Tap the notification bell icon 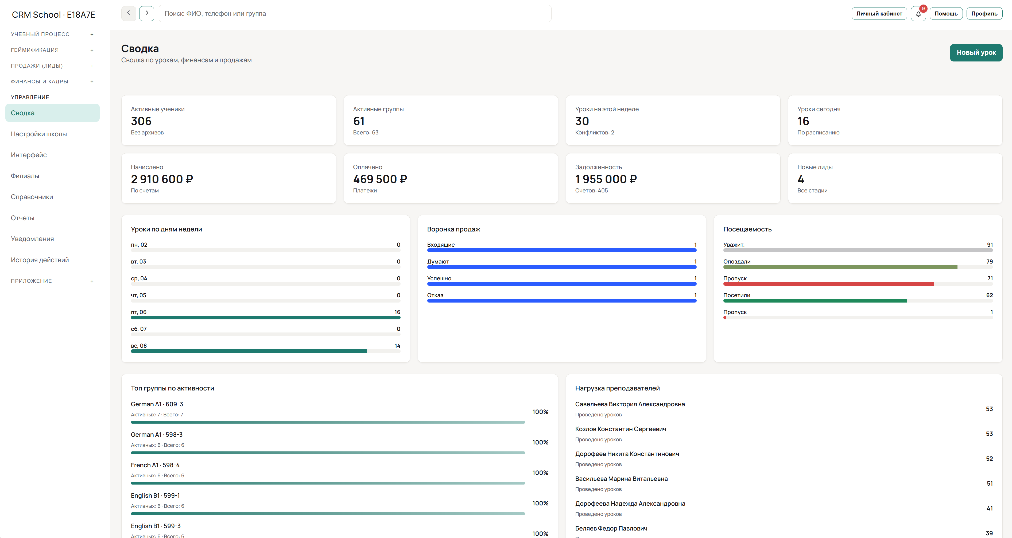pos(918,14)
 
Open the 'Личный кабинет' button pos(879,14)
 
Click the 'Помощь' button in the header pos(946,14)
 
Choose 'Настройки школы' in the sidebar pos(39,134)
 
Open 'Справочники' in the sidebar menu pos(32,197)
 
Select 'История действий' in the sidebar pos(40,260)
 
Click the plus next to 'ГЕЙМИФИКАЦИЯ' pos(92,50)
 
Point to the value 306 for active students pos(141,121)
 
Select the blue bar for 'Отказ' pos(561,301)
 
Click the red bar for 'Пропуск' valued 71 pos(828,284)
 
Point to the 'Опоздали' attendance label pos(736,261)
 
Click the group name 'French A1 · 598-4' pos(155,465)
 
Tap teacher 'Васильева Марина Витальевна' pos(621,479)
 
